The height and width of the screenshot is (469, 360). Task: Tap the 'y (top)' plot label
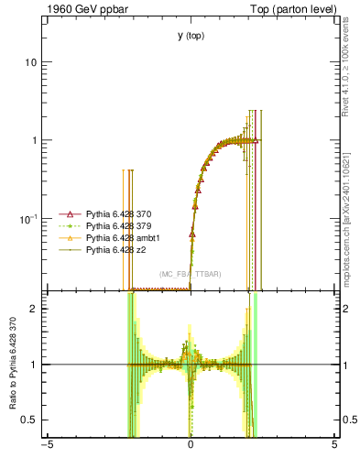point(191,36)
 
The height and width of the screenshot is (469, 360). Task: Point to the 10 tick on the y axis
point(31,62)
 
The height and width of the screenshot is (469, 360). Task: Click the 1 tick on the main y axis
point(34,140)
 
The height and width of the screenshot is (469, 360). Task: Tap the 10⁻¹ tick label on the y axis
point(28,218)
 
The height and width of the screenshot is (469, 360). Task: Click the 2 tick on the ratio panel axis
point(34,309)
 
